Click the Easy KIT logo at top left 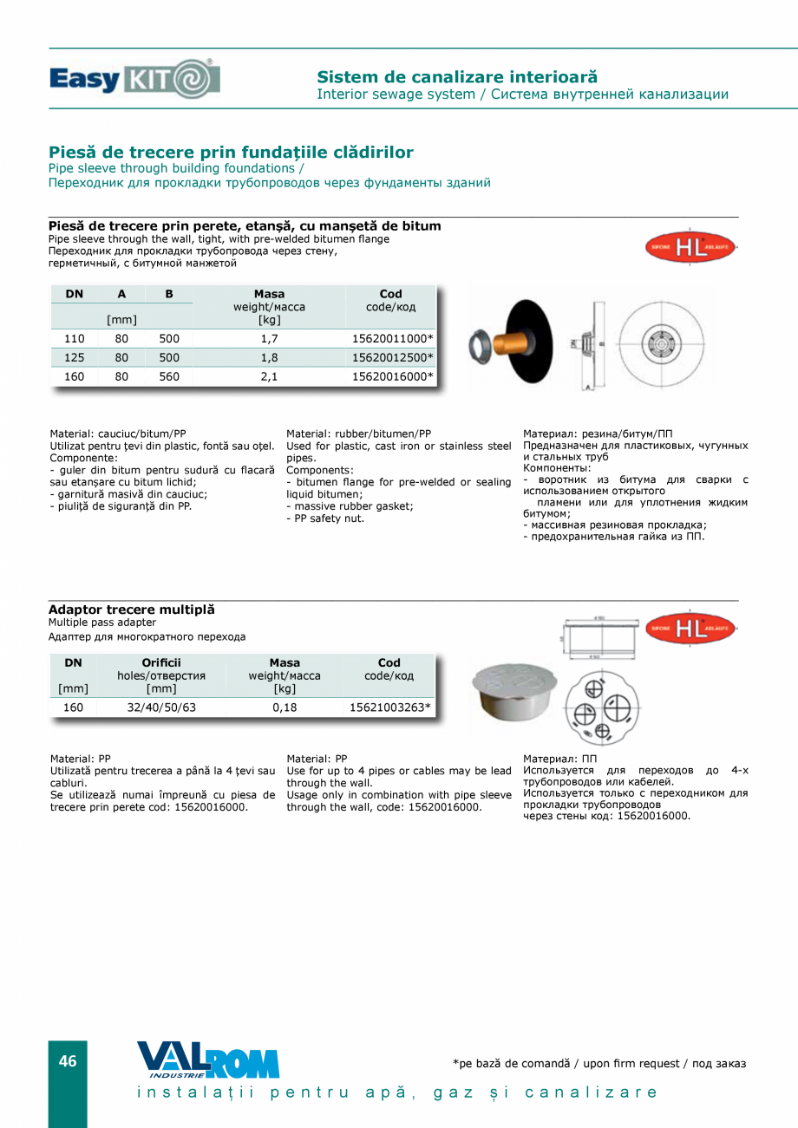(134, 79)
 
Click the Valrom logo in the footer (208, 1060)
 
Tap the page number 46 (68, 1061)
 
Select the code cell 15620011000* (392, 338)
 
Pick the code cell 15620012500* (392, 357)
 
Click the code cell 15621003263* (389, 707)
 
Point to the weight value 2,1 (269, 376)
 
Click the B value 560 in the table (169, 376)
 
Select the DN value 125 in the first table (75, 357)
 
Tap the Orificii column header (161, 663)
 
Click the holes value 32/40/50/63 (161, 707)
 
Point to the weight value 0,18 (284, 707)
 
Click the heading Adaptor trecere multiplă (132, 610)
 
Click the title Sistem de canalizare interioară (457, 77)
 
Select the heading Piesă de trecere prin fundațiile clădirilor (231, 153)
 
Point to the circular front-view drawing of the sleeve (661, 342)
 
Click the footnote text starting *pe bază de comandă (598, 1063)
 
